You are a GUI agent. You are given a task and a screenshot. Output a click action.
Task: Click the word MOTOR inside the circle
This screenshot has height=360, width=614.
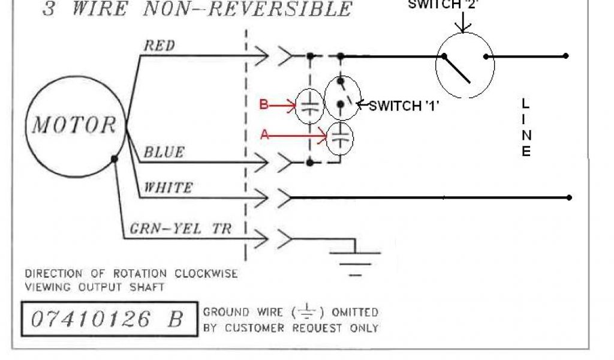(74, 125)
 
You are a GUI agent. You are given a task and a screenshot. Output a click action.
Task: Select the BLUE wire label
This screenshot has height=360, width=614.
(163, 152)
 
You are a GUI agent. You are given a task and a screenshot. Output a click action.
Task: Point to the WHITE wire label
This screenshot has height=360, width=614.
(168, 187)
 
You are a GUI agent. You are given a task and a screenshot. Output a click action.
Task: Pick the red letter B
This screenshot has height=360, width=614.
(264, 105)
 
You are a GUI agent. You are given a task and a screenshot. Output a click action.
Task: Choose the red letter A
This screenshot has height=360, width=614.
(264, 136)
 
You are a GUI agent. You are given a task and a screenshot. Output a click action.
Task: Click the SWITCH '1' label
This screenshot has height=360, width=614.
(403, 106)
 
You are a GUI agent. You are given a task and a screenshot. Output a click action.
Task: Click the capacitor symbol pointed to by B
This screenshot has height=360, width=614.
(309, 107)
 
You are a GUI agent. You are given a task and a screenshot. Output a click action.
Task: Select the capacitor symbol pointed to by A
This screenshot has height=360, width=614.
(340, 139)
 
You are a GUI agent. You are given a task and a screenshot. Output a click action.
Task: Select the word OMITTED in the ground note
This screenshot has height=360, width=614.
(356, 312)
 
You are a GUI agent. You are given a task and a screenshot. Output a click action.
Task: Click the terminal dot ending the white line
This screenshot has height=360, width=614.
(568, 197)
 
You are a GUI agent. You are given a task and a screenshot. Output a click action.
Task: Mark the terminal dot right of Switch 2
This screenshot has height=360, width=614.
(565, 56)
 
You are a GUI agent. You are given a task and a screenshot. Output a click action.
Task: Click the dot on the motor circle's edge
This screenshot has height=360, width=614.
(114, 160)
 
